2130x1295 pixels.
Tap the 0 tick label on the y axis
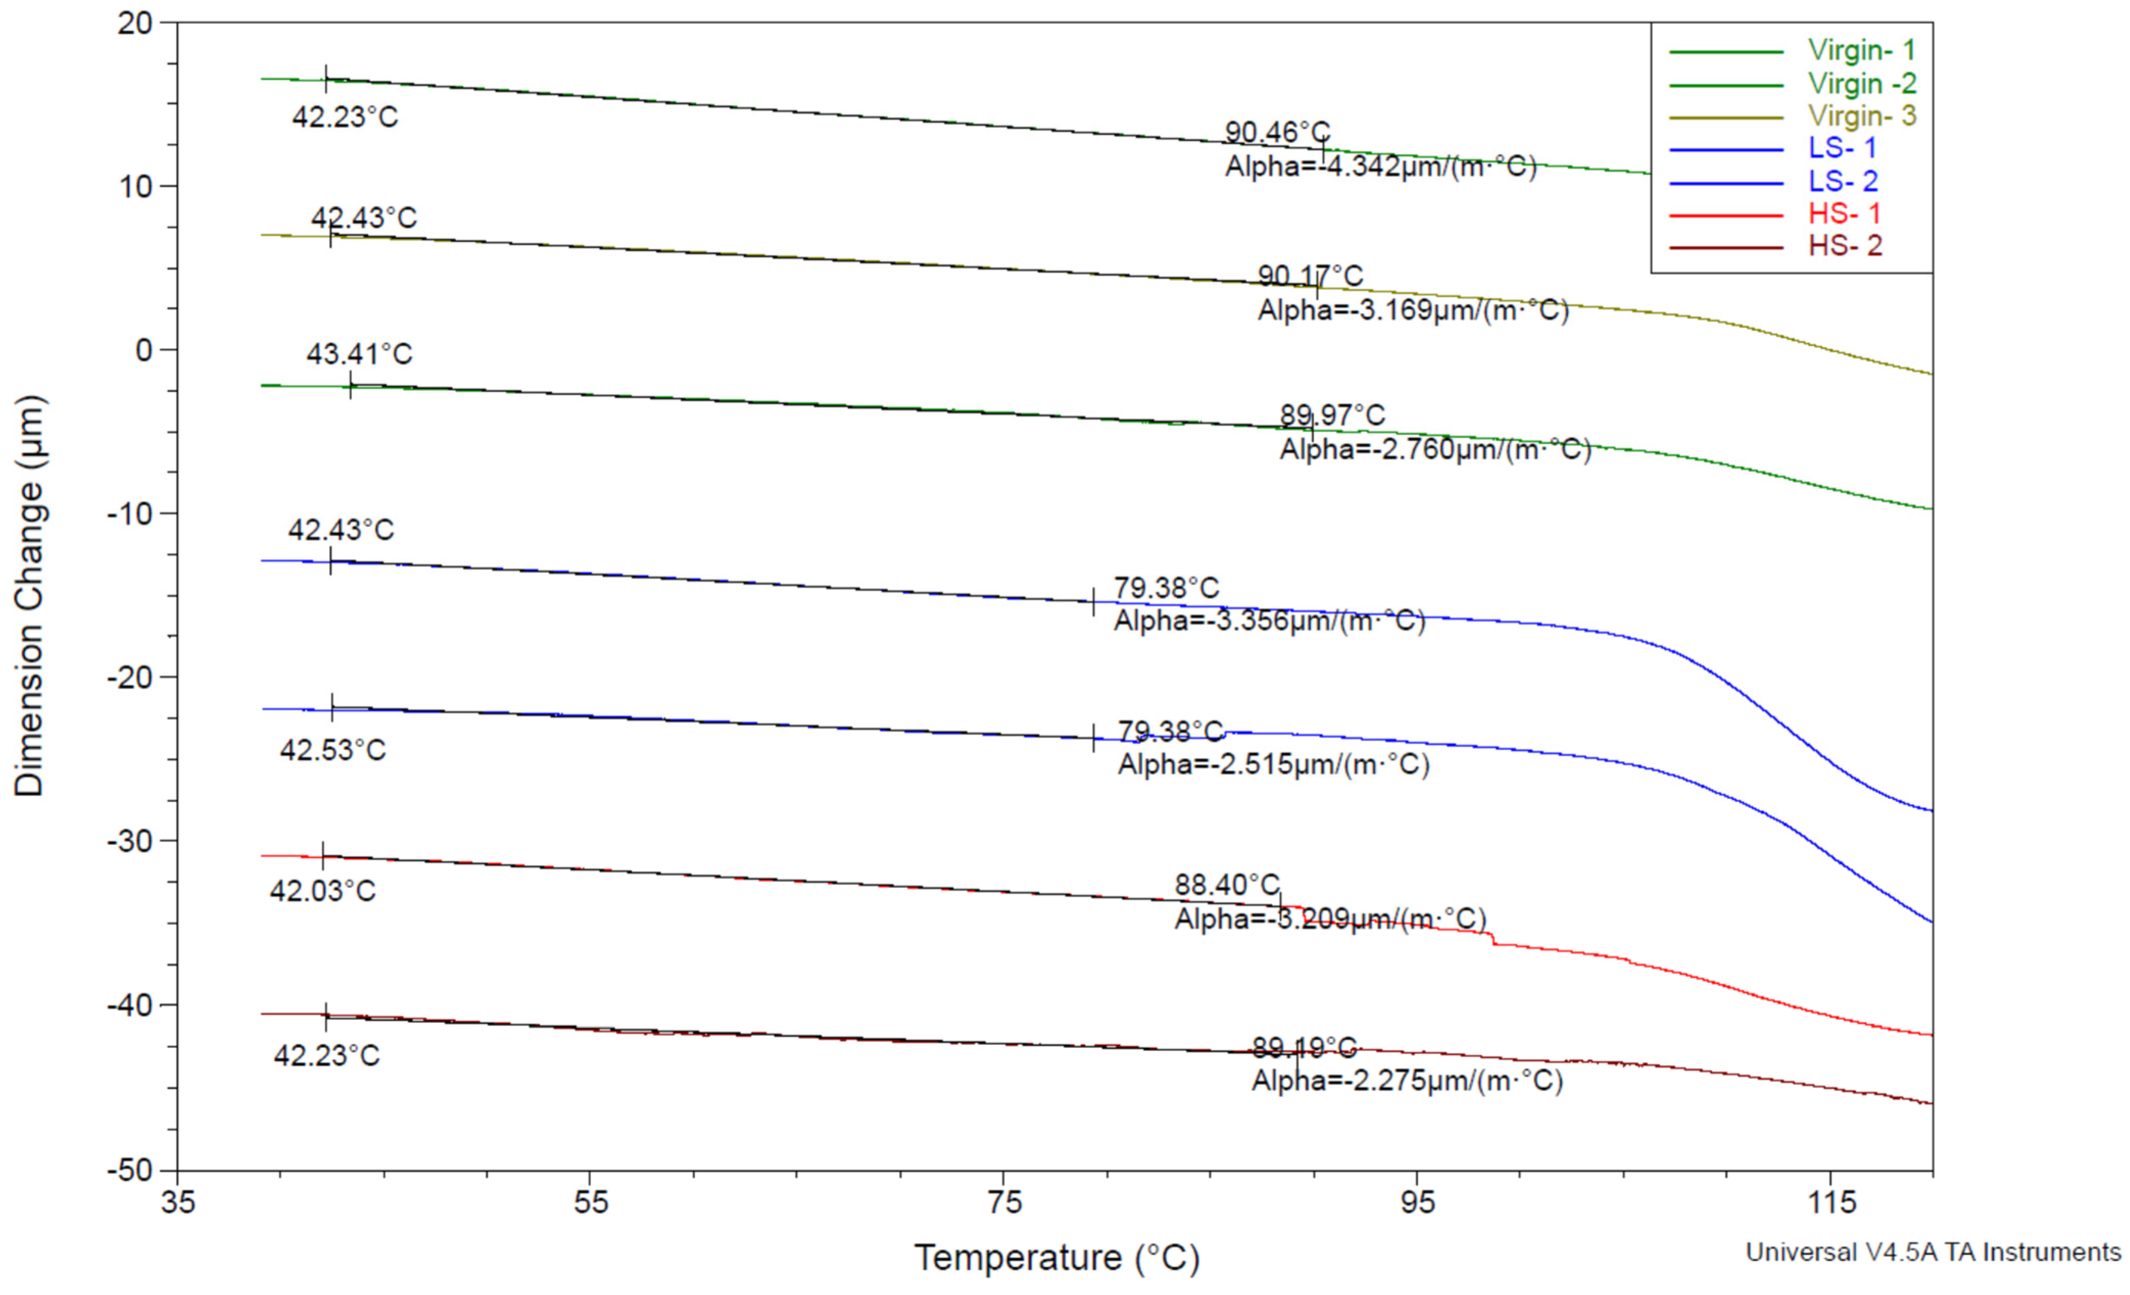[x=143, y=350]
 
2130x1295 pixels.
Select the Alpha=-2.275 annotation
[x=1407, y=1081]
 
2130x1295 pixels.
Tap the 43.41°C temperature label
[x=359, y=354]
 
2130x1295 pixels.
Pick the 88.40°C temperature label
[x=1227, y=885]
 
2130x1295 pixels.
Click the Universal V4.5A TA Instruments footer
[x=1933, y=1253]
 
